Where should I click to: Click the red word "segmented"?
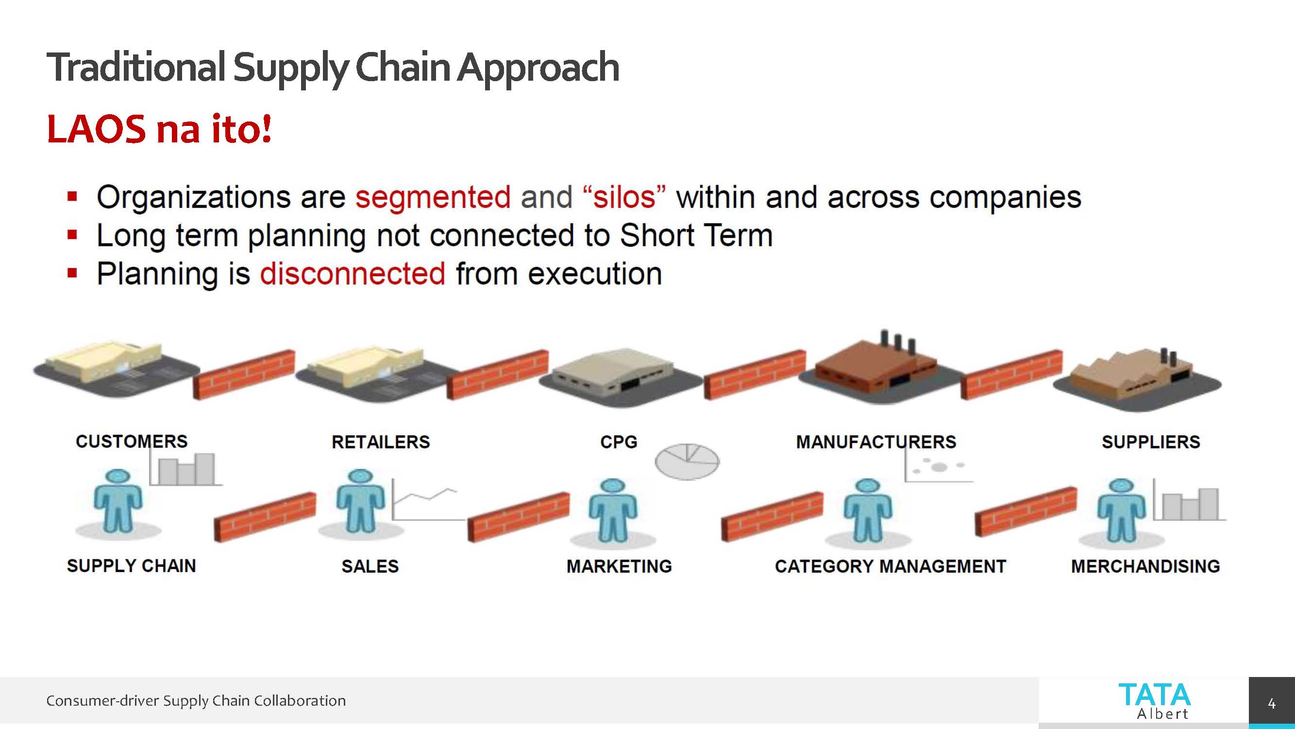[433, 197]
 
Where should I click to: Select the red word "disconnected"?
[353, 274]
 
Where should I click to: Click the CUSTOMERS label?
[132, 441]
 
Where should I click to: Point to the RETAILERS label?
[381, 442]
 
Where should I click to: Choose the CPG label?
[618, 442]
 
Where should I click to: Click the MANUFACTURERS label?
[876, 442]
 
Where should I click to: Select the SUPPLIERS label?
[1151, 442]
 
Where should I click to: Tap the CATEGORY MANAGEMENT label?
[891, 566]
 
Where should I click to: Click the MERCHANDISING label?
[1145, 566]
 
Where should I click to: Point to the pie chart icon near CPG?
[687, 461]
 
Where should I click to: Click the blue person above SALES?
[360, 501]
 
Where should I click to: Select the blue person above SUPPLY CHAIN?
[118, 501]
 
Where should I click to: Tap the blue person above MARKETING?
[613, 510]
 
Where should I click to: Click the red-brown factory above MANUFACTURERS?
[875, 367]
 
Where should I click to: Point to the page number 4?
[1271, 703]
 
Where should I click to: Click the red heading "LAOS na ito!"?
[159, 129]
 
